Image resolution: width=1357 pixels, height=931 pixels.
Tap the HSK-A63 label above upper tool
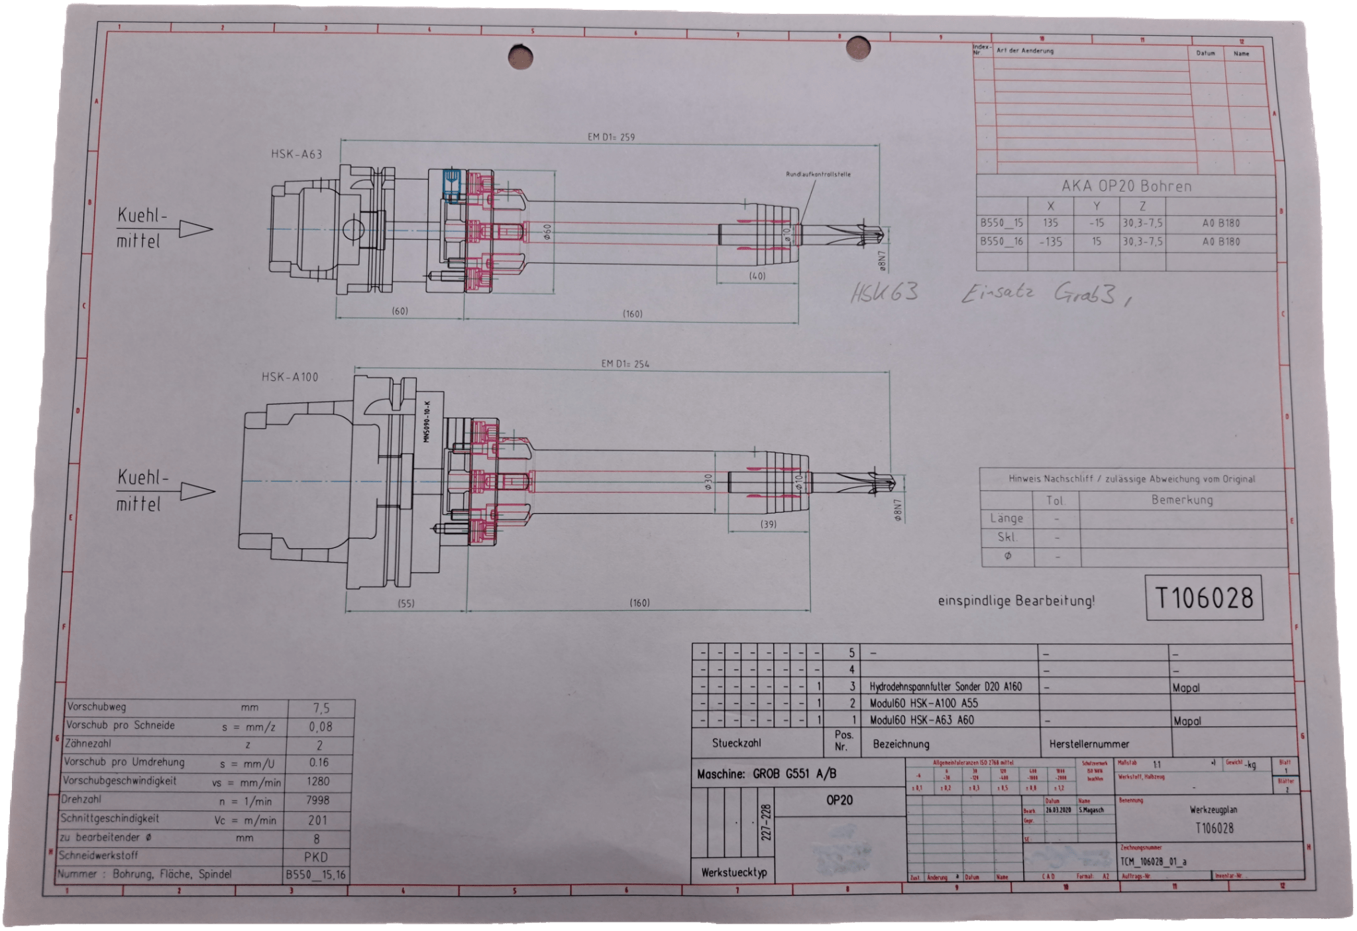(x=296, y=154)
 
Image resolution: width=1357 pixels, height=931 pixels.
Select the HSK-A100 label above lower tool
(x=290, y=377)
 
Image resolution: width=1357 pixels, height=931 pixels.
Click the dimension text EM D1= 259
(x=612, y=137)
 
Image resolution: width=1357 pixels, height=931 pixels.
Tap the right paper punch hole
(x=859, y=48)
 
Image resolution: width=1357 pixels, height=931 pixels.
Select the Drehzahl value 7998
(x=319, y=800)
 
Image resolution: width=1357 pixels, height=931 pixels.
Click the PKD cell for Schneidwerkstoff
(x=316, y=856)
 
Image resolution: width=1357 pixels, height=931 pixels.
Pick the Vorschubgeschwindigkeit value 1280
(x=319, y=782)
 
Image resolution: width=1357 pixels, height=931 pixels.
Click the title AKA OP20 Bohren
(x=1126, y=186)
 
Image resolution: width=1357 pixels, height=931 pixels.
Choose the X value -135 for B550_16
(x=1051, y=242)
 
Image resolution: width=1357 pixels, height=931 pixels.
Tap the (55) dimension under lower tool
(x=406, y=604)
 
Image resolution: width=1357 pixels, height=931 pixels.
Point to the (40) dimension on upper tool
(x=757, y=275)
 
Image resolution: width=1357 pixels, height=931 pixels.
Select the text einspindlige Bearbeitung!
(x=1016, y=602)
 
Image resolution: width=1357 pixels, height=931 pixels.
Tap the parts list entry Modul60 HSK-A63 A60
(x=922, y=720)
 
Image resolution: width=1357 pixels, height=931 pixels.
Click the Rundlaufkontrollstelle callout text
(x=818, y=174)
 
